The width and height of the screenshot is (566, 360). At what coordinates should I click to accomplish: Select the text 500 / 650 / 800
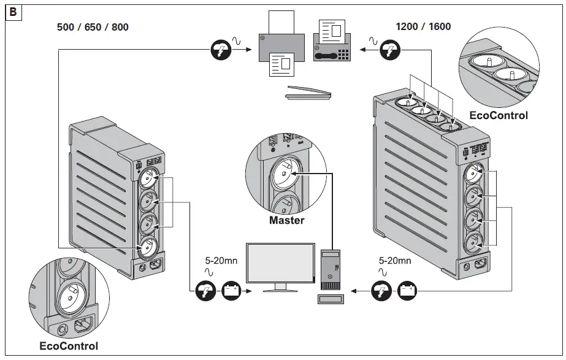point(93,27)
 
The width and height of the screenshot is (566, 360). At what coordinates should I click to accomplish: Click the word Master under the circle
point(286,220)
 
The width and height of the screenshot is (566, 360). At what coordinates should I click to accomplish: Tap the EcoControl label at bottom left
point(69,346)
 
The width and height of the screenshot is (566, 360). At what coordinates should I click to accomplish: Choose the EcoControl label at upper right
point(498,115)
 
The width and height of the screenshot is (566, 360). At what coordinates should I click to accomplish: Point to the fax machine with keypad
point(333,40)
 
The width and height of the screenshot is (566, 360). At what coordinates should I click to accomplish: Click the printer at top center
point(279,49)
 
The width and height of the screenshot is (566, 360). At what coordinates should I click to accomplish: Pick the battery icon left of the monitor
point(231,289)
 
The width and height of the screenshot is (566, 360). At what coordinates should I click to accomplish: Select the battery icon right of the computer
point(407,289)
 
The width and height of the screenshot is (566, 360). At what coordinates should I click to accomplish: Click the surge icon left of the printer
point(219,50)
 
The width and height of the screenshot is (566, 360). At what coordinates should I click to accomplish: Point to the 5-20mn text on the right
point(395,260)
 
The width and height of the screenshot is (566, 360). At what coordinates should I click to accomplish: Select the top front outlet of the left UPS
point(148,178)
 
